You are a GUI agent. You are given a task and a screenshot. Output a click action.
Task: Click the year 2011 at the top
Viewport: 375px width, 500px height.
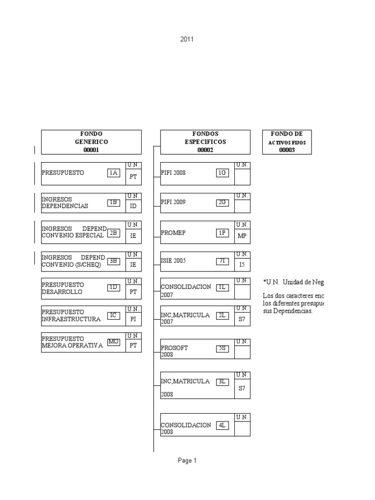[187, 39]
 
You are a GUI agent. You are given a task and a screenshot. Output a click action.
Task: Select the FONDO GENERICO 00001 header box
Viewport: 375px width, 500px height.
[91, 142]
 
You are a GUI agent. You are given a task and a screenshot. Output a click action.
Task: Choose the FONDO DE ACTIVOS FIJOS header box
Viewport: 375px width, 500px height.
[287, 142]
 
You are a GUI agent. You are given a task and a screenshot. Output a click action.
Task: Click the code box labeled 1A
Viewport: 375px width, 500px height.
[113, 173]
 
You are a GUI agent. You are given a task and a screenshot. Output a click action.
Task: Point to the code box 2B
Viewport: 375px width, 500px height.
[113, 233]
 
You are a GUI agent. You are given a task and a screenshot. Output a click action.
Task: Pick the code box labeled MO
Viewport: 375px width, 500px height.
[113, 342]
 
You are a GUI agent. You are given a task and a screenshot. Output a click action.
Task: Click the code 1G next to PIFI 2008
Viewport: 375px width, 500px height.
[222, 173]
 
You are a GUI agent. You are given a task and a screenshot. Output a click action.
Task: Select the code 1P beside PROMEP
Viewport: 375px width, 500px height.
[222, 233]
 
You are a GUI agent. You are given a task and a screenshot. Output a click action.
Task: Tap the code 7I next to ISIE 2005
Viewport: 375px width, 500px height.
[222, 261]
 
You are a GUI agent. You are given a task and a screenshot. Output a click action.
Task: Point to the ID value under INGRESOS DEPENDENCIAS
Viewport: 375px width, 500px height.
[133, 206]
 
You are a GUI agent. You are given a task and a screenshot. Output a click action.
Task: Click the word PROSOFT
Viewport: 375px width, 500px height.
[174, 348]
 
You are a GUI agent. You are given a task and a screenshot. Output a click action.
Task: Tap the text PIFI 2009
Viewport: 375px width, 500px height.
[173, 202]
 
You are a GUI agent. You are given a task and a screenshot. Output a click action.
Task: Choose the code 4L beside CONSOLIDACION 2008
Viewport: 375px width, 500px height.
[222, 425]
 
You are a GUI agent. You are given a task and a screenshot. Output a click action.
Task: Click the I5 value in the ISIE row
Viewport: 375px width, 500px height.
[242, 264]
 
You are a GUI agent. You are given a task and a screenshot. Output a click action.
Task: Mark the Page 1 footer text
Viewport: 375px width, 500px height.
[187, 460]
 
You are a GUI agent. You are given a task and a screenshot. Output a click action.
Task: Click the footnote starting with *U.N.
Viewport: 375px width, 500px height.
[293, 282]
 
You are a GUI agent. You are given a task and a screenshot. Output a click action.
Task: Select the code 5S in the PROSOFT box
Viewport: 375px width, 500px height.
[222, 349]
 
